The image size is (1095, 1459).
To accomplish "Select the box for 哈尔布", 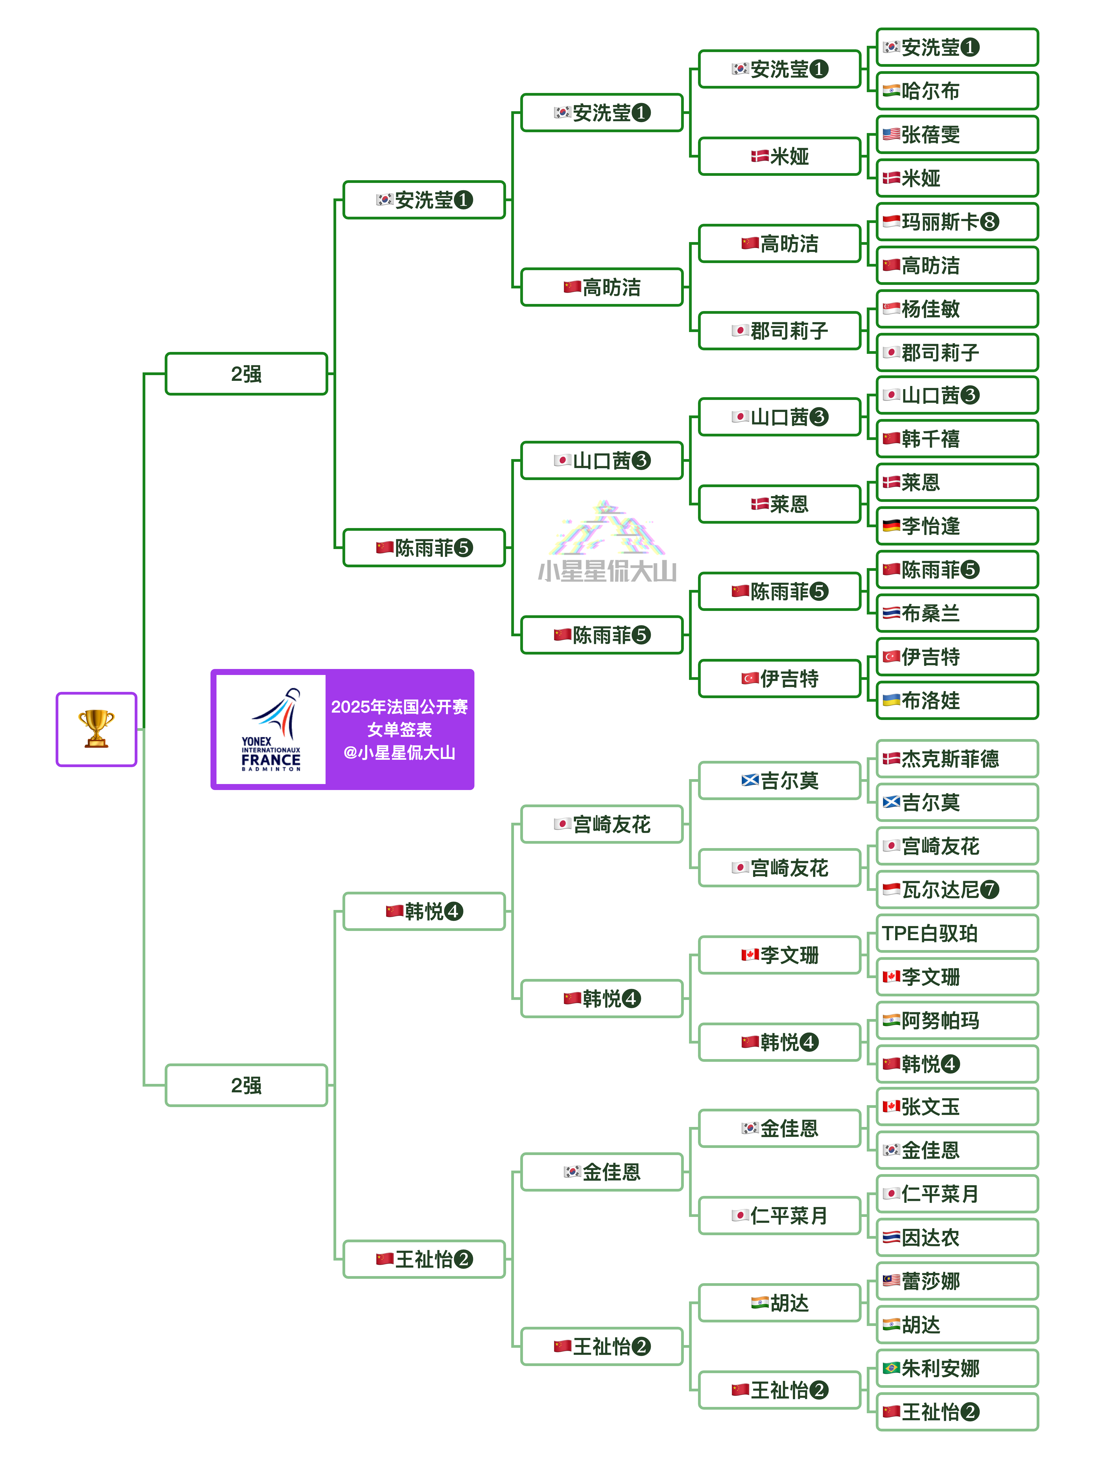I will (x=956, y=91).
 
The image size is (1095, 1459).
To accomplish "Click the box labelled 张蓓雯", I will (x=956, y=135).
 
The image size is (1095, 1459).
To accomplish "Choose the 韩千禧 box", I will (x=956, y=439).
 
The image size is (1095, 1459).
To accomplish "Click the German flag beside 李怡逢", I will (x=891, y=526).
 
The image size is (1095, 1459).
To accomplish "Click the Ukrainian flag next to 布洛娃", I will (x=891, y=700).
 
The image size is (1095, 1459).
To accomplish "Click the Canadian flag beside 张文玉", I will (x=891, y=1106).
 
